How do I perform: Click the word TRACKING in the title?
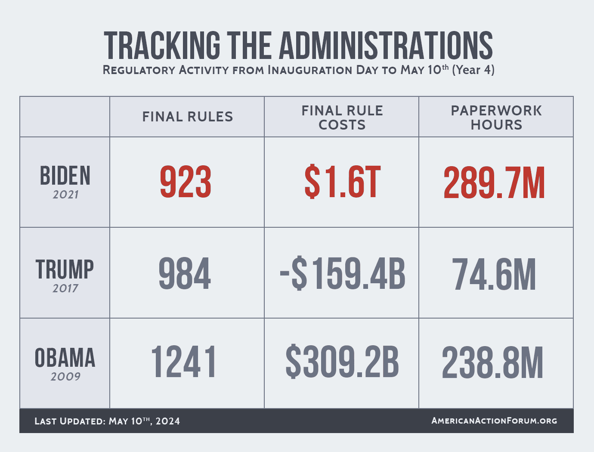[162, 45]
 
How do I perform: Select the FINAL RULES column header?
[188, 117]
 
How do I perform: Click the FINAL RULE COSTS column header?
[342, 118]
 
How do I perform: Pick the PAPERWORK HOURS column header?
[496, 118]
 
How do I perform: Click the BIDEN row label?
[65, 176]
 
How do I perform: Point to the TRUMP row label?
[65, 270]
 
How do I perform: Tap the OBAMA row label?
[65, 358]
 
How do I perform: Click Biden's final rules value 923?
[186, 183]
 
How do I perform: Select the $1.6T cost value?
[342, 183]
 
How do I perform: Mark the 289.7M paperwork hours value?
[494, 183]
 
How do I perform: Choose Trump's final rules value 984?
[185, 274]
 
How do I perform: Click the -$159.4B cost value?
[343, 274]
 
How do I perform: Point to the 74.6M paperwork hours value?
[494, 275]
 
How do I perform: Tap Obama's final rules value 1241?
[183, 363]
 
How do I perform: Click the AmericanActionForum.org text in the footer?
[494, 421]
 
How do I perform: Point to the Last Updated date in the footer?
[107, 421]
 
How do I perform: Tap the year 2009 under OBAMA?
[65, 377]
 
